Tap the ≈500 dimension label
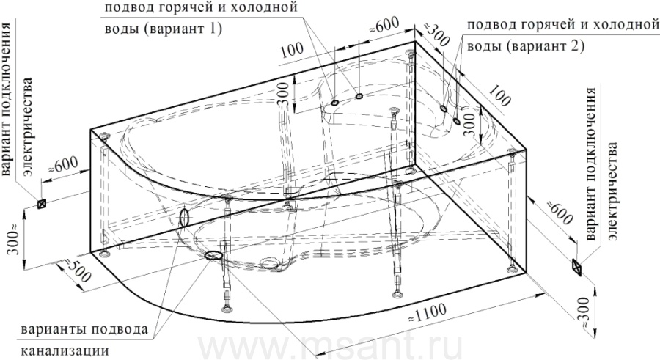pyautogui.click(x=77, y=270)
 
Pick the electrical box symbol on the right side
pyautogui.click(x=576, y=268)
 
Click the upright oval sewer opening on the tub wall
pyautogui.click(x=184, y=217)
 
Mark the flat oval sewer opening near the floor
pyautogui.click(x=213, y=255)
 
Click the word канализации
pyautogui.click(x=65, y=350)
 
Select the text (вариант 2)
pyautogui.click(x=545, y=45)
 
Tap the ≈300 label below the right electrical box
pyautogui.click(x=584, y=313)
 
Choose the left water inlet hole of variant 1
pyautogui.click(x=335, y=103)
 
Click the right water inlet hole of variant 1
pyautogui.click(x=359, y=97)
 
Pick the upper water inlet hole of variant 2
pyautogui.click(x=443, y=109)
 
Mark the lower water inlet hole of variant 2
pyautogui.click(x=456, y=122)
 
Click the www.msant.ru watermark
pyautogui.click(x=330, y=348)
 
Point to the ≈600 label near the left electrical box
pyautogui.click(x=63, y=164)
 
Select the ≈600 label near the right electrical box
pyautogui.click(x=560, y=213)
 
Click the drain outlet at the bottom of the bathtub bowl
pyautogui.click(x=274, y=264)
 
